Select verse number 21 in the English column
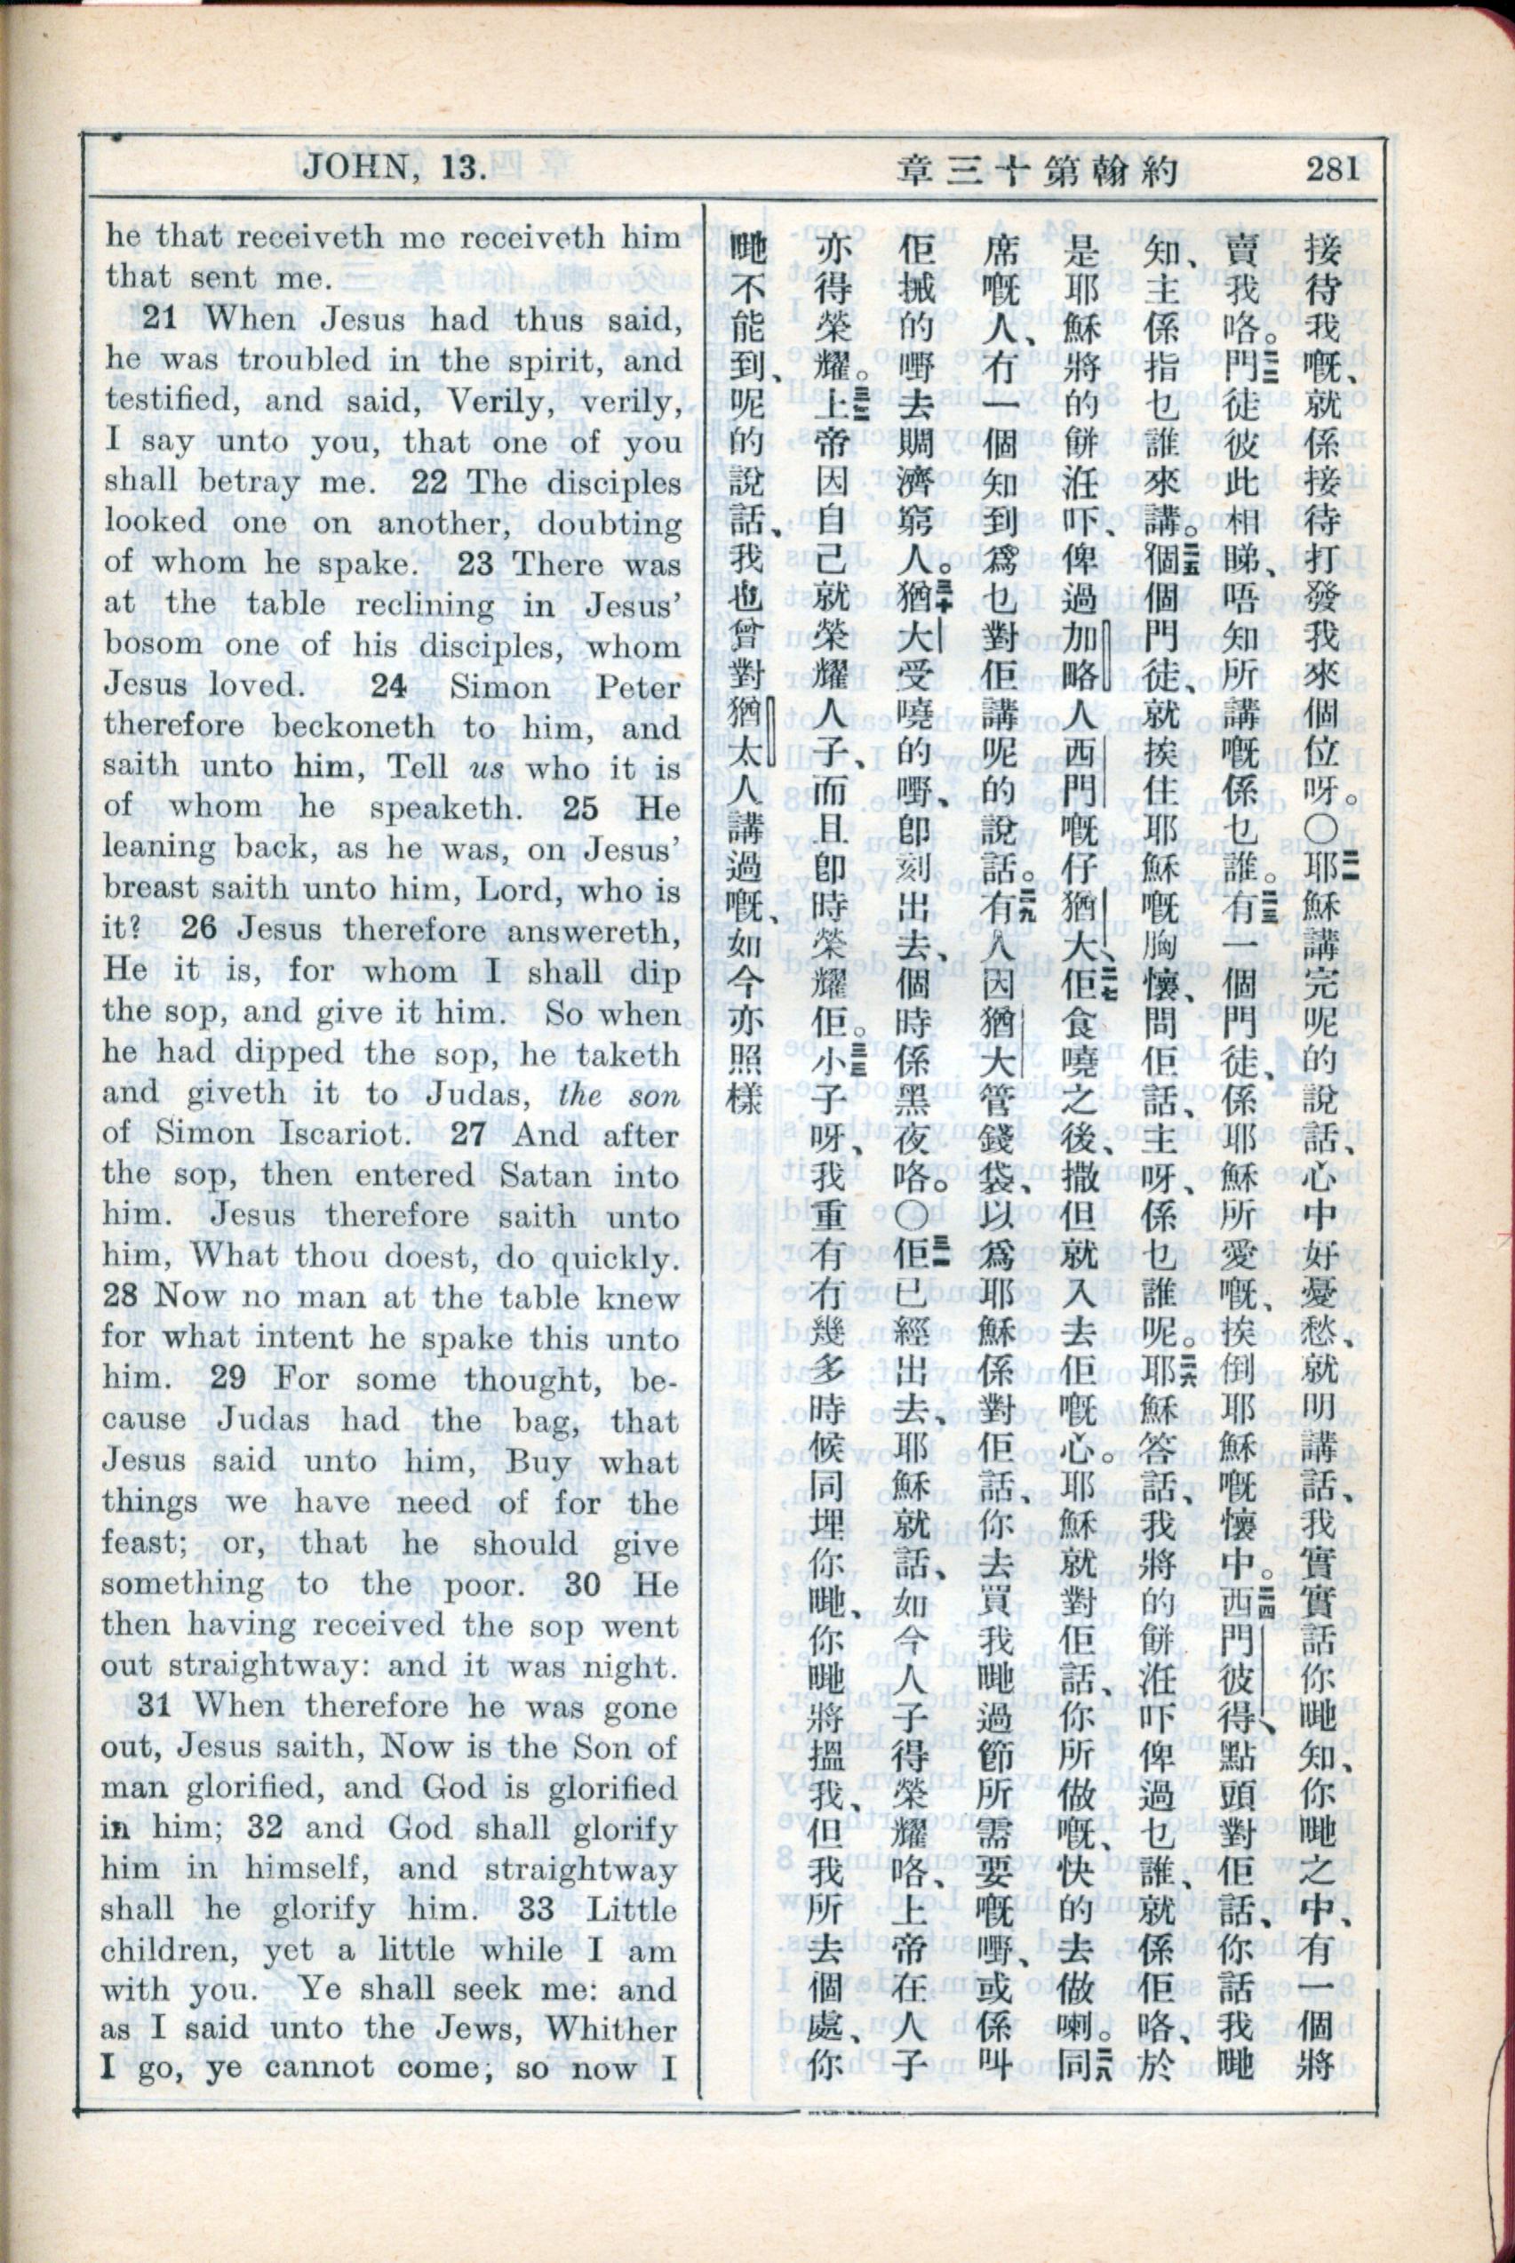158,318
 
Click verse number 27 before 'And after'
467,1134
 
